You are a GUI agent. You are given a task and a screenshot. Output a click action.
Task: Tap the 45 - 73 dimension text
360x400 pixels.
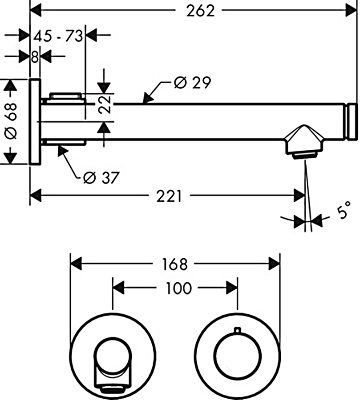tap(58, 36)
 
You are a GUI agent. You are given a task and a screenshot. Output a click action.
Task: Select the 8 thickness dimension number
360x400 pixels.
tap(35, 56)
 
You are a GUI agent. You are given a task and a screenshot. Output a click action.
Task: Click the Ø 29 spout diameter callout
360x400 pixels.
tap(192, 83)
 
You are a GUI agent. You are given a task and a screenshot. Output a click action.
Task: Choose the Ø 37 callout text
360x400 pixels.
tap(101, 178)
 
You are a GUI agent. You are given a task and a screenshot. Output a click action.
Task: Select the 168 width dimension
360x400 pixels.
tap(174, 264)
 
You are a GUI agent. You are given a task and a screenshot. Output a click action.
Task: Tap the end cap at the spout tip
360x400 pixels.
tap(352, 121)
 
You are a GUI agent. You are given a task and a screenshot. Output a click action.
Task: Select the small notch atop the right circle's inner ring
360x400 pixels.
tap(238, 330)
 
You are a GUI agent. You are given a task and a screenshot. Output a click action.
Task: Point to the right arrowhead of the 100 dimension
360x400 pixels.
tap(232, 288)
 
